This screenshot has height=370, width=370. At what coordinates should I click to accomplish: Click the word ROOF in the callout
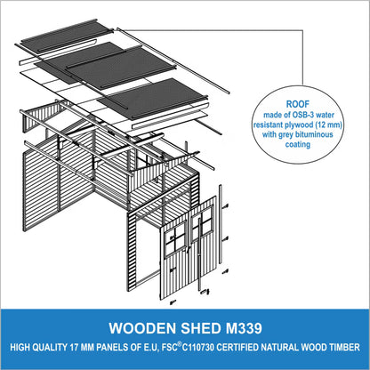pos(297,104)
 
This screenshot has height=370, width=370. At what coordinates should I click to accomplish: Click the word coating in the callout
pos(298,144)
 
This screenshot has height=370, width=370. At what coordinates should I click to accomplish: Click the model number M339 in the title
pos(244,328)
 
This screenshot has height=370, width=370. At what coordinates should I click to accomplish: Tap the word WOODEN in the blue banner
pos(142,328)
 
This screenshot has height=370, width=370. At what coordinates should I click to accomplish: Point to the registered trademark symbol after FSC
pos(180,344)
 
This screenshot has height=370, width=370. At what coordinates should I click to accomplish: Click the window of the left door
pos(175,240)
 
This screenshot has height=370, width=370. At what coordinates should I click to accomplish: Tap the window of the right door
pos(203,222)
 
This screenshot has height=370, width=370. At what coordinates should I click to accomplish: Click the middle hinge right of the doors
pos(225,238)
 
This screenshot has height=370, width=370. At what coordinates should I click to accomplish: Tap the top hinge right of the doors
pos(225,205)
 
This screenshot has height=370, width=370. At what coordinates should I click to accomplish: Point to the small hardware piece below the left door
pos(172,302)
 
